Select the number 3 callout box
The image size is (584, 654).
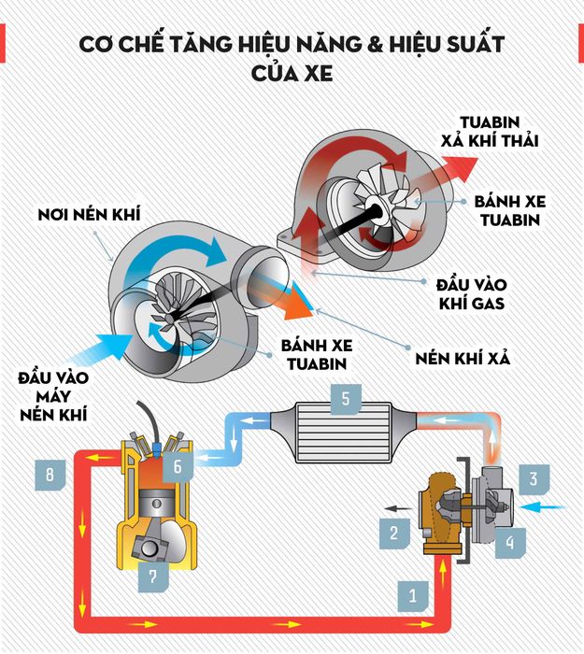tap(533, 480)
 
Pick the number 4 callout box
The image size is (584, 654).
tap(510, 539)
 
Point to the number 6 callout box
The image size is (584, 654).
tap(178, 462)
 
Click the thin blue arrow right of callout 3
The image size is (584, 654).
tap(545, 507)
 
